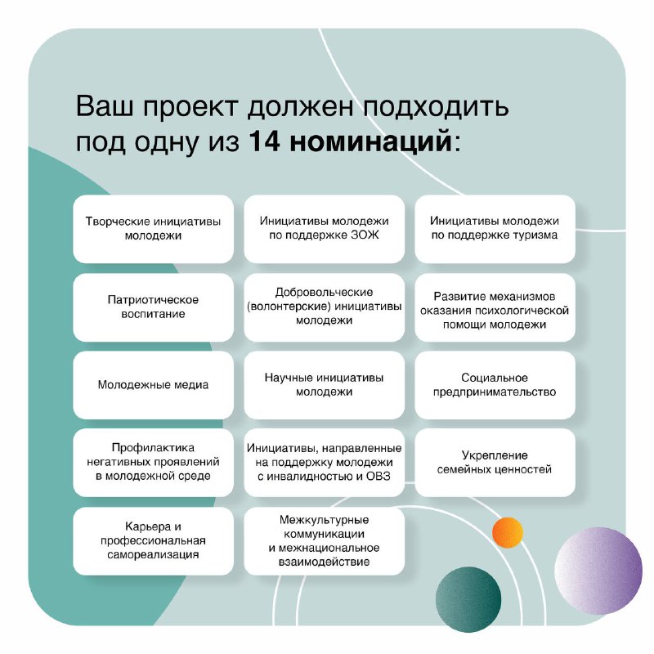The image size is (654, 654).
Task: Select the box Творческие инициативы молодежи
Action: tap(154, 229)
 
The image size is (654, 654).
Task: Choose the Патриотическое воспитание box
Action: tap(154, 307)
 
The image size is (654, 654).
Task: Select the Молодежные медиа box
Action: tap(154, 385)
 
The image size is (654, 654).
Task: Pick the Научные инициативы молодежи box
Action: tap(325, 385)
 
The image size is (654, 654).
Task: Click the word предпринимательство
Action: tap(495, 392)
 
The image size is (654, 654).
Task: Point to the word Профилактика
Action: tap(154, 448)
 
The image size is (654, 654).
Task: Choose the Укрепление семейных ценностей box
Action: tap(495, 462)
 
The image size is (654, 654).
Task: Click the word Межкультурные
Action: tap(325, 520)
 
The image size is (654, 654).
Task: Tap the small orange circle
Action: tap(507, 532)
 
